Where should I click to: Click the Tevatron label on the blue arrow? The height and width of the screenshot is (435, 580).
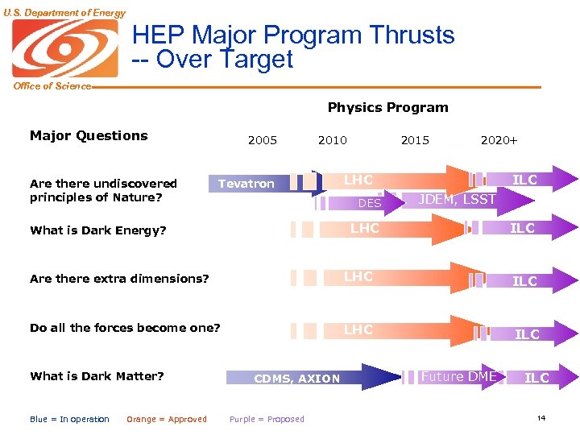(x=246, y=184)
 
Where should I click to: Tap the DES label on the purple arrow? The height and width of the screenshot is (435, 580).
(x=369, y=204)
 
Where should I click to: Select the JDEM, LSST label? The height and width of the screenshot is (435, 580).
(x=458, y=200)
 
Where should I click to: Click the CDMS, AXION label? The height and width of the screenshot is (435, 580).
(x=297, y=379)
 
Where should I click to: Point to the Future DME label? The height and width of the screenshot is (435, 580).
(x=458, y=376)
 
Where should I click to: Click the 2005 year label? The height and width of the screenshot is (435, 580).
(x=263, y=140)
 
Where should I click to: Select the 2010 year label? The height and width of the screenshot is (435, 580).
(x=333, y=140)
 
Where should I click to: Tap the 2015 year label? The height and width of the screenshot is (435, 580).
(x=415, y=140)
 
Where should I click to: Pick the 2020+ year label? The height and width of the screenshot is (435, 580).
(x=499, y=140)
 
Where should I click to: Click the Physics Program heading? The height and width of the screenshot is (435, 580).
(x=387, y=107)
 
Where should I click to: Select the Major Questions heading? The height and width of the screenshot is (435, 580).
(x=89, y=135)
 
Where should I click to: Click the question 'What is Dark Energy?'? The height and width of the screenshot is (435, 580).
(x=97, y=230)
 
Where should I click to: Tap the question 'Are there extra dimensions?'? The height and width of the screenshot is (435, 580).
(x=119, y=279)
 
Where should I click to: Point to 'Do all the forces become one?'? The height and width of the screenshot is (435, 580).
(x=125, y=327)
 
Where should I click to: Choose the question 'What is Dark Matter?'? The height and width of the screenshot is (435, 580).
(x=97, y=375)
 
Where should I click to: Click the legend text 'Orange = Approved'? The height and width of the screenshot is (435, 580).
(x=166, y=419)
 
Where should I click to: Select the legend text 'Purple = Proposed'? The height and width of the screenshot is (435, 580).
(x=267, y=419)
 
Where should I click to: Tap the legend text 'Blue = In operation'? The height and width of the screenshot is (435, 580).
(x=69, y=419)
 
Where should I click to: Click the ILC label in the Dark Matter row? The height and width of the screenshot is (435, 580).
(x=537, y=378)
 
